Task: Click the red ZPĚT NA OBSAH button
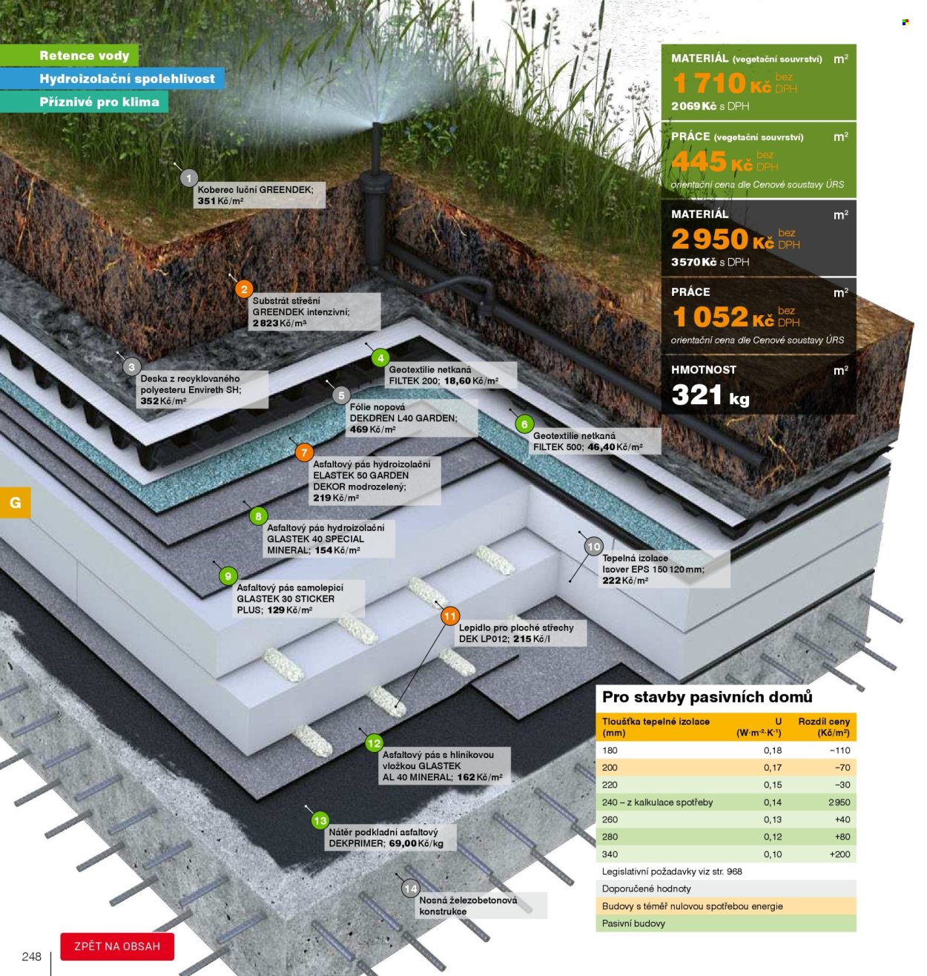pos(117,946)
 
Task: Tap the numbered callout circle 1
pos(188,178)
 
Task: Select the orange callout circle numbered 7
pos(304,452)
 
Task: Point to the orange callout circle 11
pos(450,616)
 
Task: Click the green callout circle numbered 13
pos(320,820)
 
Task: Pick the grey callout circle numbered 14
pos(411,888)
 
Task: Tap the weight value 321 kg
pos(710,395)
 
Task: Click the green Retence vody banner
pos(69,56)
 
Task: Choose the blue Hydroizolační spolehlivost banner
pos(112,79)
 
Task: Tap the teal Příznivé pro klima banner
pos(84,102)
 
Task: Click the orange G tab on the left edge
pos(16,502)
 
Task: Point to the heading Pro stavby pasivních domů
pos(707,697)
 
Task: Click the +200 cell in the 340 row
pos(839,854)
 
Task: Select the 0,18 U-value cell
pos(773,750)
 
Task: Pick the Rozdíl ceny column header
pos(824,727)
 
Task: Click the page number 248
pos(32,957)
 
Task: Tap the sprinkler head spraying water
pos(376,130)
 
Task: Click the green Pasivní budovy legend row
pos(726,923)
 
